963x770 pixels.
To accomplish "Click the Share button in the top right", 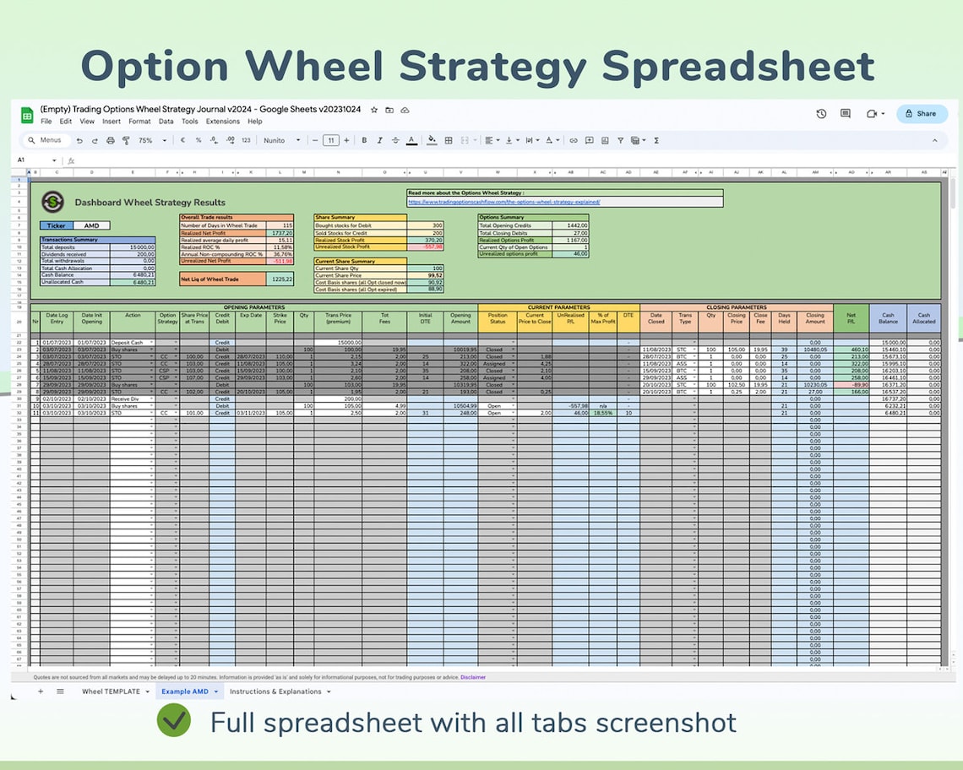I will [921, 113].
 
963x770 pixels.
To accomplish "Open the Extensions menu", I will [223, 122].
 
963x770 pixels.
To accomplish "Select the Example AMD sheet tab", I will [185, 691].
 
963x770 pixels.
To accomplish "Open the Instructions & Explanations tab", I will [275, 691].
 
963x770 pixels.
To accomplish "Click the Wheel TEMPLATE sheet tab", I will [111, 691].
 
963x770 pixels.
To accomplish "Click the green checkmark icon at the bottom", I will [175, 723].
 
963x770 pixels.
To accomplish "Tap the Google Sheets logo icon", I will [26, 115].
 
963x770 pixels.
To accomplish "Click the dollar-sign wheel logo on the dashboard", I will [53, 202].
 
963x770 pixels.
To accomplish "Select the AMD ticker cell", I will [91, 225].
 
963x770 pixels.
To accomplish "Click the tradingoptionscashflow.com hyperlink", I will [503, 203].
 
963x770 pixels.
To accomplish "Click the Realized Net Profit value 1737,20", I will [278, 232].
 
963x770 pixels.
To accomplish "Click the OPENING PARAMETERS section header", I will [253, 307].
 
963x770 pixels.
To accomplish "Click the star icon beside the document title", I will [374, 110].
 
